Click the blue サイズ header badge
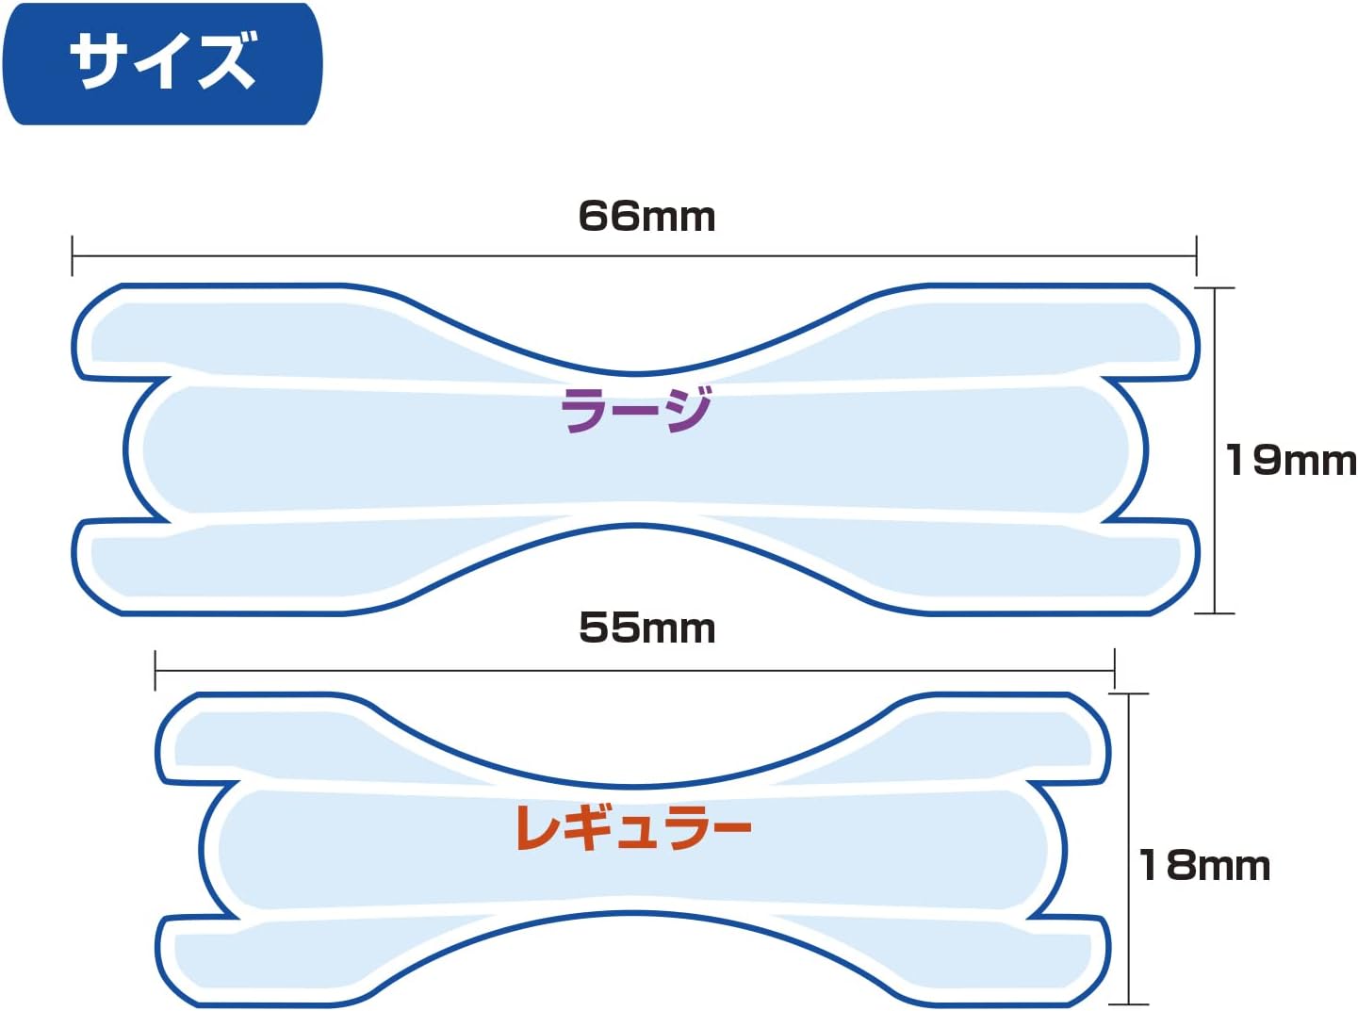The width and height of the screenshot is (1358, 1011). [162, 63]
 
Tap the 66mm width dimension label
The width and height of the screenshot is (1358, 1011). [646, 217]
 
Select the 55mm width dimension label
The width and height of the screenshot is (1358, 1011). [646, 628]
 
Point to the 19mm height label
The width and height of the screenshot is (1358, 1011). [1289, 461]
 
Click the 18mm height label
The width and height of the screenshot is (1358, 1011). [1204, 866]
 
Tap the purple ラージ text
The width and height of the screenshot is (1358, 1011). [636, 411]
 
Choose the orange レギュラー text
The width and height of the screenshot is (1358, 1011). [633, 827]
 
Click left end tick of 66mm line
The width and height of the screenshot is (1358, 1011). [73, 255]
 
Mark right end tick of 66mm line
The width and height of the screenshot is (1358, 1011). [1196, 255]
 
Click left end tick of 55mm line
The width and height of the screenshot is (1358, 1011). [155, 670]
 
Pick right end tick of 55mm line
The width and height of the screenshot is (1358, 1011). [1114, 670]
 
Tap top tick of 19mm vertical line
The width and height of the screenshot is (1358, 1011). [1215, 288]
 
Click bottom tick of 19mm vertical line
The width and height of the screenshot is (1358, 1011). [1215, 613]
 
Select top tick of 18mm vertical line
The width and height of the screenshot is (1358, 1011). [1129, 694]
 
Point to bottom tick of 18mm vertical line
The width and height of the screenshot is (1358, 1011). [1129, 1004]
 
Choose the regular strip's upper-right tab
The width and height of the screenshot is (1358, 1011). [1046, 740]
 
